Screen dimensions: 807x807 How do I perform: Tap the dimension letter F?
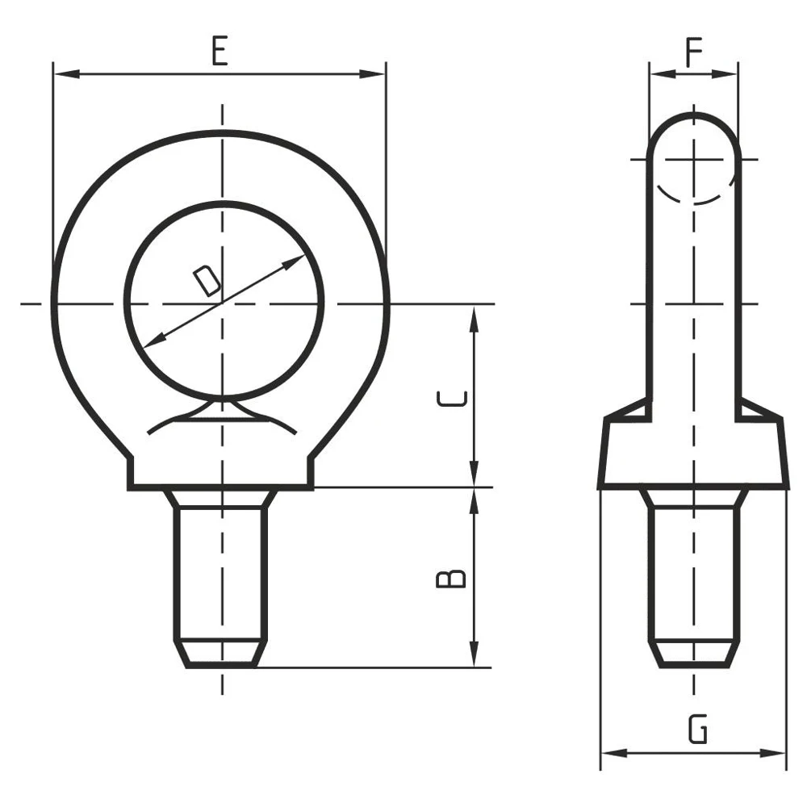click(x=694, y=52)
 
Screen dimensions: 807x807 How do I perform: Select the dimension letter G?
click(x=698, y=730)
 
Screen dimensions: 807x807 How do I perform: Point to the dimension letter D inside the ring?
click(x=207, y=281)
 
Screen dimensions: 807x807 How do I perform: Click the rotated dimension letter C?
click(x=451, y=399)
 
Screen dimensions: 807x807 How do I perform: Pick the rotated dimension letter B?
click(x=451, y=579)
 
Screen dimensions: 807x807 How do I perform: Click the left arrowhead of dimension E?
click(x=66, y=74)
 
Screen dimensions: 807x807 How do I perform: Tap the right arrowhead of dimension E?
click(x=372, y=74)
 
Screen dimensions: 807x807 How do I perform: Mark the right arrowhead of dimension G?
click(x=773, y=754)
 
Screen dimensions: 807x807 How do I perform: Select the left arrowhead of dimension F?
click(x=663, y=74)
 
